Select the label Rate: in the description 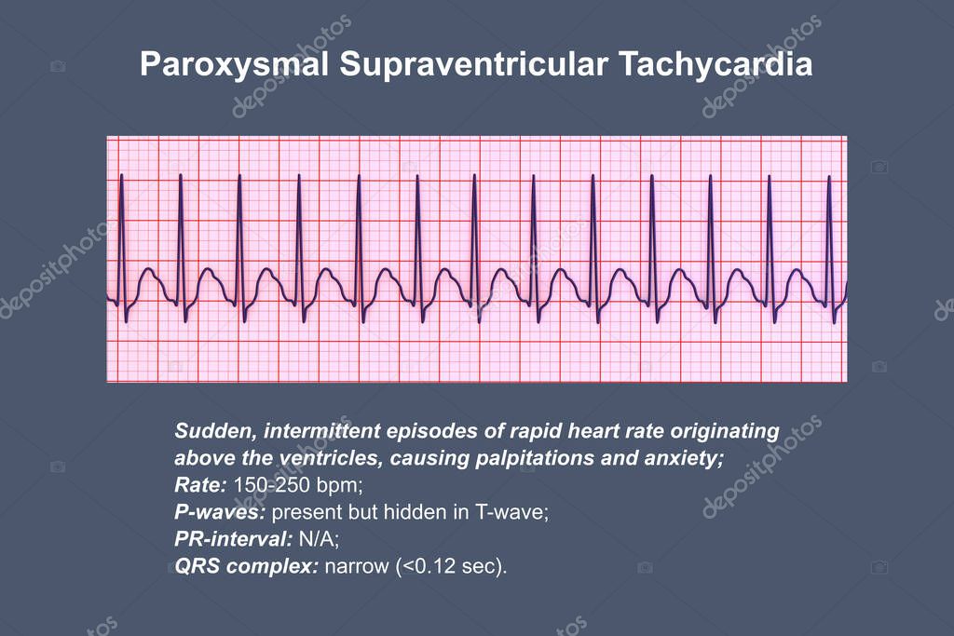click(199, 485)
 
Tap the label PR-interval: click(231, 539)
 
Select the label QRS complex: click(245, 566)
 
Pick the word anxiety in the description click(678, 458)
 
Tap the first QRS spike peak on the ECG click(121, 176)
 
